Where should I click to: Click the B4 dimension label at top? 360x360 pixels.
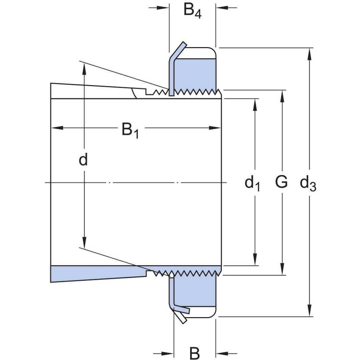pyautogui.click(x=192, y=11)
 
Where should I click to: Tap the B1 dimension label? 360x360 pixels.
pyautogui.click(x=130, y=130)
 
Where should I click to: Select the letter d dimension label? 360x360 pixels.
pyautogui.click(x=83, y=160)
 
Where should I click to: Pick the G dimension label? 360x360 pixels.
pyautogui.click(x=281, y=182)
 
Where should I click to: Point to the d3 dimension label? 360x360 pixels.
pyautogui.click(x=308, y=183)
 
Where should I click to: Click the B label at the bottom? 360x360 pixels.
pyautogui.click(x=195, y=353)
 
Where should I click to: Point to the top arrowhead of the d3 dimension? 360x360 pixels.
pyautogui.click(x=309, y=54)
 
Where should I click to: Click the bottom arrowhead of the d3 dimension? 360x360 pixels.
pyautogui.click(x=309, y=311)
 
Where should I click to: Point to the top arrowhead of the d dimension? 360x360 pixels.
pyautogui.click(x=84, y=68)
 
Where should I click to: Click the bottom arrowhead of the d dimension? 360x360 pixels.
pyautogui.click(x=84, y=243)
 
